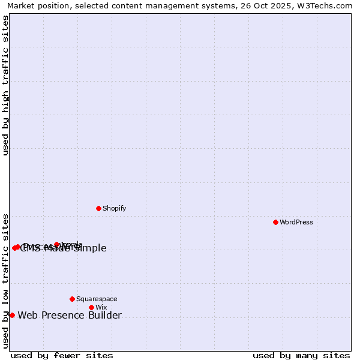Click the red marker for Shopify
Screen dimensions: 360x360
98,208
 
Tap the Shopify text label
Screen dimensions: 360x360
114,208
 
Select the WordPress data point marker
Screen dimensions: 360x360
275,222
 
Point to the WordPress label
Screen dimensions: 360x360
296,222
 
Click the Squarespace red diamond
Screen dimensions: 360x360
72,299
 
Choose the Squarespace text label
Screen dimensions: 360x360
97,299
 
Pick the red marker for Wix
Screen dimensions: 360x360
91,307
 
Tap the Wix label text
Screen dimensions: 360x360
101,307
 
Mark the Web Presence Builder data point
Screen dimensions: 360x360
12,315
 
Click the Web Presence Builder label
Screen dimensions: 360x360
70,316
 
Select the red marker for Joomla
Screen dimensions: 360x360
56,244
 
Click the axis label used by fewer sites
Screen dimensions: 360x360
62,355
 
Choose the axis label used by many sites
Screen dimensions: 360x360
301,355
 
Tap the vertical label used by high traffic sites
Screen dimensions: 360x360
5,85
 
